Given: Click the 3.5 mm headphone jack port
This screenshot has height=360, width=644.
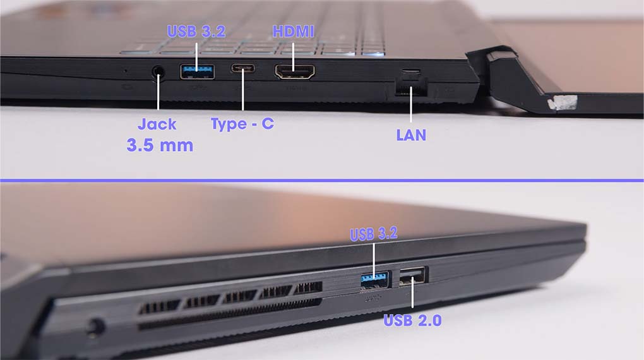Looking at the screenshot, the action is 158,72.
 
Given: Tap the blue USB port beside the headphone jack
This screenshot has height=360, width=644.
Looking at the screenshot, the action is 197,71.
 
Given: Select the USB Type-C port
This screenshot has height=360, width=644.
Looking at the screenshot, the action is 242,68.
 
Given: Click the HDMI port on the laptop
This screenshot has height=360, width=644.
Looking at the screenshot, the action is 295,72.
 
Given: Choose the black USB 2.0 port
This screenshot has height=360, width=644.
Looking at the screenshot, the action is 414,276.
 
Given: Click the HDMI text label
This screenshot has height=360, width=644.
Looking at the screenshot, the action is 293,32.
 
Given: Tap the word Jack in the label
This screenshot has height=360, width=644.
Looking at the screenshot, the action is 157,124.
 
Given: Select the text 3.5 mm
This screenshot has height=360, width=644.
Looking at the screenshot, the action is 160,145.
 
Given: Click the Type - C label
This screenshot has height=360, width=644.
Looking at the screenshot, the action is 242,124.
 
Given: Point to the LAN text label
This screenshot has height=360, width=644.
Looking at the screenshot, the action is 411,135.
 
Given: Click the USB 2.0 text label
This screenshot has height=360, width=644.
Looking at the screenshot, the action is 412,320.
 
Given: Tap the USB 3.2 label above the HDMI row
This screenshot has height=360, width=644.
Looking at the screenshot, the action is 196,32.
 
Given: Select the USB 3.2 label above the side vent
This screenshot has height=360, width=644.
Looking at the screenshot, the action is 374,234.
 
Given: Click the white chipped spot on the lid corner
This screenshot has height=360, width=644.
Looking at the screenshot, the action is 561,103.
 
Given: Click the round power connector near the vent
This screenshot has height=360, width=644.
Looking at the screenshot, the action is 95,328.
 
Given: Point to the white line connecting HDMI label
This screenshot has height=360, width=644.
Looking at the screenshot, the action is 293,56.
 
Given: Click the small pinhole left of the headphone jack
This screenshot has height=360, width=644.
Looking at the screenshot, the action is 126,71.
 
